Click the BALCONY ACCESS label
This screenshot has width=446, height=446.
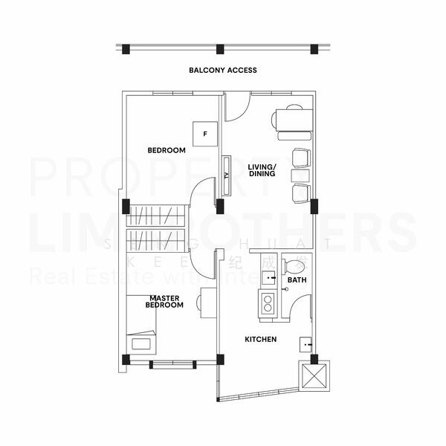[x=223, y=71]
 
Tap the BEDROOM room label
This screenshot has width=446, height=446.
[x=166, y=150]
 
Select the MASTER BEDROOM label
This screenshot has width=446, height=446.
[x=164, y=302]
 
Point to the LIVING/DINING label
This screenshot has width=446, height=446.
[x=262, y=170]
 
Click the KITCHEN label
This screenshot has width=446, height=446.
[x=261, y=340]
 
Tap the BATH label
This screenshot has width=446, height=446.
[x=297, y=280]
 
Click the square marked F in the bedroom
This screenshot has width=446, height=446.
[x=204, y=135]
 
